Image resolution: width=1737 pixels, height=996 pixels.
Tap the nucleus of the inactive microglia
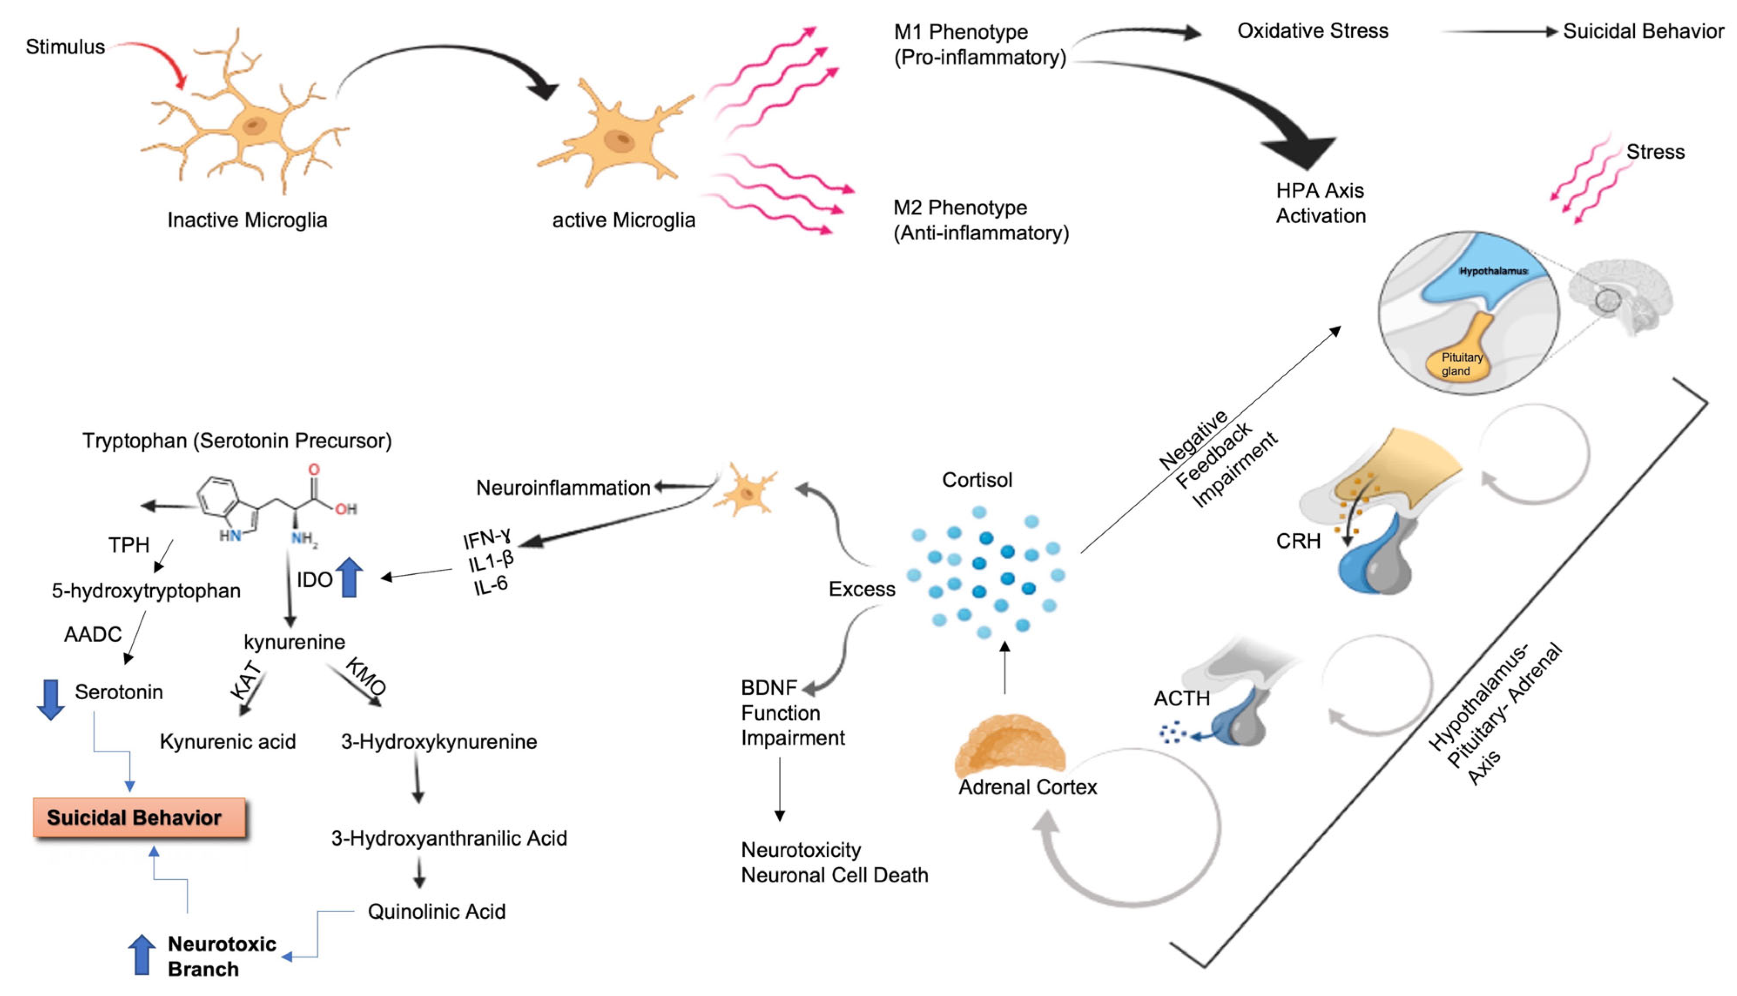[255, 126]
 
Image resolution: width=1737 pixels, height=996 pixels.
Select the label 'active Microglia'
[624, 220]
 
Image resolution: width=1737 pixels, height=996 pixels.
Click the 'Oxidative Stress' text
[1312, 31]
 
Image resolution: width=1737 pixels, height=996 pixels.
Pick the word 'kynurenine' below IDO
[295, 642]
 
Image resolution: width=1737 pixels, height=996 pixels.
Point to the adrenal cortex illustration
[1009, 746]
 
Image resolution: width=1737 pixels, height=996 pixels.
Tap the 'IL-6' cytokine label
[491, 585]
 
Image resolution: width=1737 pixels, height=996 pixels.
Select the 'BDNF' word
[769, 687]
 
